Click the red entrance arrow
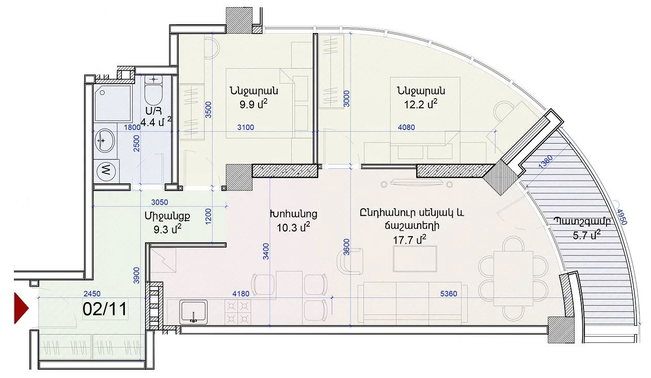pyautogui.click(x=21, y=308)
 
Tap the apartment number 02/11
pyautogui.click(x=105, y=309)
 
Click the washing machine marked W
pyautogui.click(x=106, y=171)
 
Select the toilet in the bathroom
pyautogui.click(x=153, y=90)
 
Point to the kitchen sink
pyautogui.click(x=193, y=312)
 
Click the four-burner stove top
pyautogui.click(x=238, y=312)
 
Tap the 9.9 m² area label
pyautogui.click(x=253, y=104)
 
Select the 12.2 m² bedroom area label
pyautogui.click(x=421, y=104)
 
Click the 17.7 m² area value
pyautogui.click(x=409, y=240)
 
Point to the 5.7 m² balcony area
pyautogui.click(x=586, y=235)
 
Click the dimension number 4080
pyautogui.click(x=406, y=127)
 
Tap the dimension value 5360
pyautogui.click(x=449, y=294)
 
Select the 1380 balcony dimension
pyautogui.click(x=545, y=162)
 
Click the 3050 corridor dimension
pyautogui.click(x=160, y=202)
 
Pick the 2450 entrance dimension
pyautogui.click(x=92, y=294)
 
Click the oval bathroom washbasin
pyautogui.click(x=105, y=140)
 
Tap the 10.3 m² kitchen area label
pyautogui.click(x=293, y=227)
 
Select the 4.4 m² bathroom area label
pyautogui.click(x=156, y=122)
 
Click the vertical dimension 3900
pyautogui.click(x=136, y=275)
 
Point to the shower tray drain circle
pyautogui.click(x=102, y=93)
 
